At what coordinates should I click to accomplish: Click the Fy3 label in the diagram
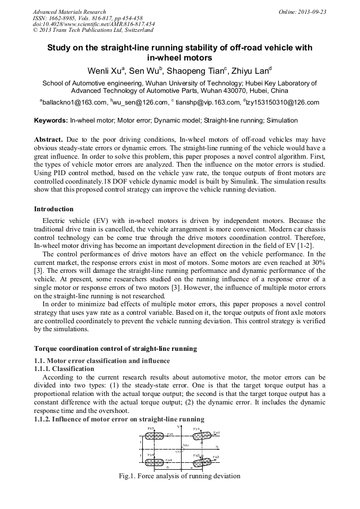(151, 428)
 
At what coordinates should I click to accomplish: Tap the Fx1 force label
(217, 433)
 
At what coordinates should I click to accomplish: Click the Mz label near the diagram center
(186, 445)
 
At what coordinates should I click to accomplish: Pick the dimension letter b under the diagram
(167, 467)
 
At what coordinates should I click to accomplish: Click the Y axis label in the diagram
(178, 427)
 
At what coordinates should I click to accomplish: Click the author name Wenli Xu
(107, 71)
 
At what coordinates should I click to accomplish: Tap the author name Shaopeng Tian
(197, 71)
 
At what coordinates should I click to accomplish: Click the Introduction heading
(54, 209)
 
